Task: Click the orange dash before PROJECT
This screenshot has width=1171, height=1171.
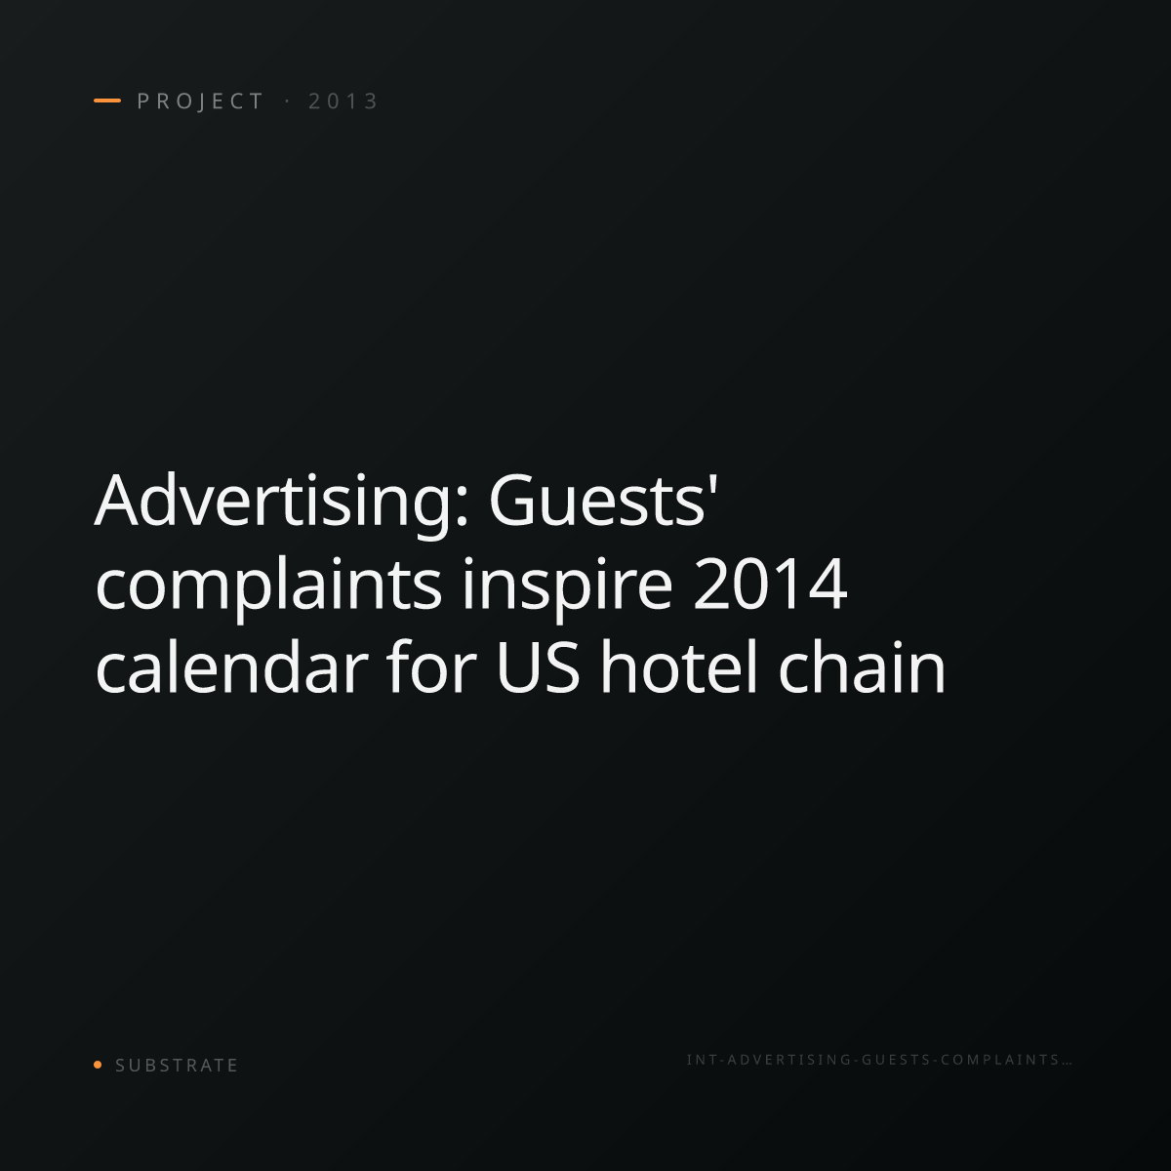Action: click(107, 101)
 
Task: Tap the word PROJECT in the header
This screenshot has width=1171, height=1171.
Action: click(200, 101)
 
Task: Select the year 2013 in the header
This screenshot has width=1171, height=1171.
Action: click(343, 101)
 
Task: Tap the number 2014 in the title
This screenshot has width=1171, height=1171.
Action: click(770, 584)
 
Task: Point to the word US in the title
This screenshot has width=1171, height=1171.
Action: click(538, 667)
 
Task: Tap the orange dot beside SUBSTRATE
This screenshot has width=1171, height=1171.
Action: click(98, 1065)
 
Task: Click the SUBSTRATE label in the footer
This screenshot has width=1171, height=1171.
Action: click(177, 1066)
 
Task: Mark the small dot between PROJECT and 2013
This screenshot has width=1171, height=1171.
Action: click(287, 101)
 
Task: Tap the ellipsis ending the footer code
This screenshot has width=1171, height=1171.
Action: click(1066, 1064)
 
